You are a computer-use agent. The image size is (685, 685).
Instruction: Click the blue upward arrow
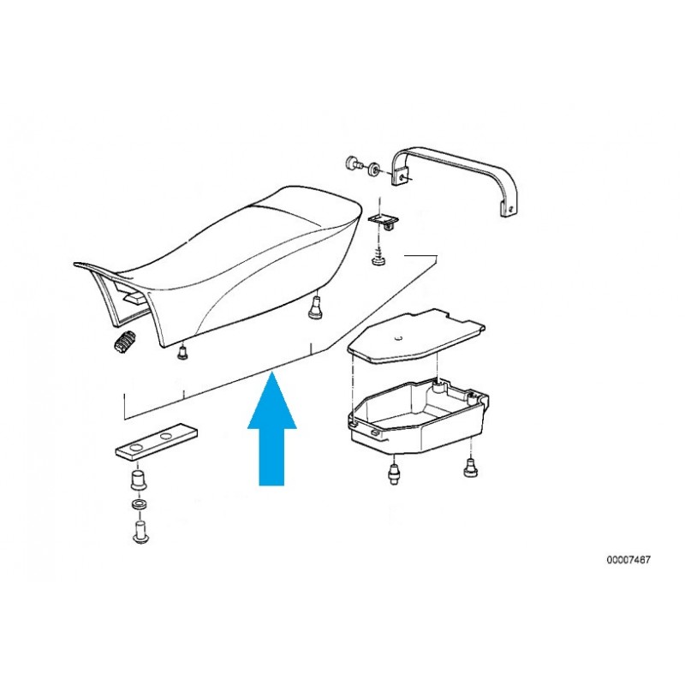[x=271, y=431]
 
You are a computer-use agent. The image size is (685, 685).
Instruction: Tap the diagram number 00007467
[x=628, y=560]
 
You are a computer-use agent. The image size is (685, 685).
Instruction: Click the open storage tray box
[x=418, y=414]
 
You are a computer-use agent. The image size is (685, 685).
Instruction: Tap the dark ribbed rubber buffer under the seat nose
[x=125, y=341]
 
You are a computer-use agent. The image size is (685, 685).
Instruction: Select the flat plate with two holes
[x=156, y=441]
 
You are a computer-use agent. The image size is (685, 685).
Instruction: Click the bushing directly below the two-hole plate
[x=139, y=481]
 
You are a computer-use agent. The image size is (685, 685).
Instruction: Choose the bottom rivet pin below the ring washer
[x=140, y=532]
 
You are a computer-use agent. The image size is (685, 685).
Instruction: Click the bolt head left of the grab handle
[x=353, y=164]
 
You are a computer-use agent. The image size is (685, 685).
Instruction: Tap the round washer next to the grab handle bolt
[x=374, y=170]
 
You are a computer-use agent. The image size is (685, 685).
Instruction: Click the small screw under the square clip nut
[x=379, y=258]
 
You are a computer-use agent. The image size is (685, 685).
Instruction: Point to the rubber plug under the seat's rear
[x=313, y=307]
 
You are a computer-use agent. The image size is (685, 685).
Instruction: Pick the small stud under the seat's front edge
[x=182, y=353]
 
